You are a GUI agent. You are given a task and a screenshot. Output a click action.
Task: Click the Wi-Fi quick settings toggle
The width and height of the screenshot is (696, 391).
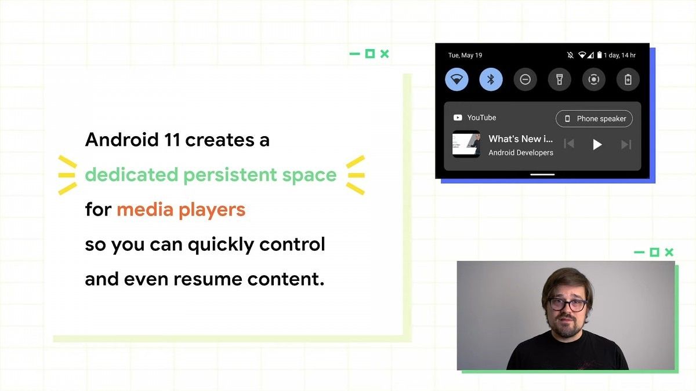click(457, 79)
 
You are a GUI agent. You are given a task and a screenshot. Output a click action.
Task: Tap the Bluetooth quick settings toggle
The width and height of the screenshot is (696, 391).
click(491, 79)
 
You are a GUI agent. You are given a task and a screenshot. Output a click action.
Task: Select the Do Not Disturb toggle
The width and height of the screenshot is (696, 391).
click(525, 79)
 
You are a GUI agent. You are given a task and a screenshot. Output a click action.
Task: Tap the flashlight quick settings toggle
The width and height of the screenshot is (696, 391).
click(559, 79)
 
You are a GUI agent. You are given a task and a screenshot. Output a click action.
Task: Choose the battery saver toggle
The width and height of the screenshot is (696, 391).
click(628, 79)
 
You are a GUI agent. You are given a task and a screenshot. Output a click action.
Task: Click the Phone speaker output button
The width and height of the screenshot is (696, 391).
click(594, 119)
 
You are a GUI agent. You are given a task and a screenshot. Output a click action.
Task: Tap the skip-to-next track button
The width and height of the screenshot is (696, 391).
click(626, 144)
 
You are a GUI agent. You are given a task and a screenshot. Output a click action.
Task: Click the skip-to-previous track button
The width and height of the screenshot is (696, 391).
click(569, 144)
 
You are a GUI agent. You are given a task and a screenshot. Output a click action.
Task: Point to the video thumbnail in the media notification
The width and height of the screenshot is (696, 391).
click(466, 144)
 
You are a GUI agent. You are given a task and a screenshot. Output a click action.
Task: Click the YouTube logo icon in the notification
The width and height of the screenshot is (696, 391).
click(458, 118)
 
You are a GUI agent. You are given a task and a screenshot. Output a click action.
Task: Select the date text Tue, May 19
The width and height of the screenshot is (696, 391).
click(465, 56)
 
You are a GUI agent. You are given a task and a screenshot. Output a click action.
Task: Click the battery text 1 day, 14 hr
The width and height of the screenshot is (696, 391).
click(619, 56)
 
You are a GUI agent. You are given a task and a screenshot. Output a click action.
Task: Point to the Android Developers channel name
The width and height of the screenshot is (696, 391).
click(520, 153)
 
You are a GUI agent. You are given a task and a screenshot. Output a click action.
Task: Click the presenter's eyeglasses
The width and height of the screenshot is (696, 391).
click(567, 304)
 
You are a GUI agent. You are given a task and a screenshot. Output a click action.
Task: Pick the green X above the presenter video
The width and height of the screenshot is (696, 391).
click(669, 252)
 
